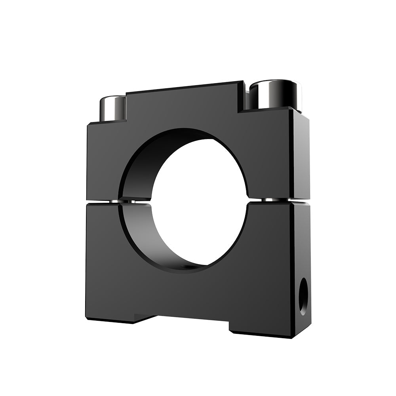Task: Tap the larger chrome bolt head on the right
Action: tap(275, 97)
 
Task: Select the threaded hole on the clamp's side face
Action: tap(303, 296)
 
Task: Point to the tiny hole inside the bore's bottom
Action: tap(186, 267)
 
